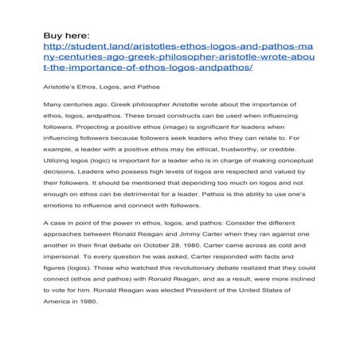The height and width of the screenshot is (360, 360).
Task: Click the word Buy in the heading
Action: [x=53, y=36]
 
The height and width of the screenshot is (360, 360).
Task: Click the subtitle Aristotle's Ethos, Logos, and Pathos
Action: [x=100, y=85]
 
